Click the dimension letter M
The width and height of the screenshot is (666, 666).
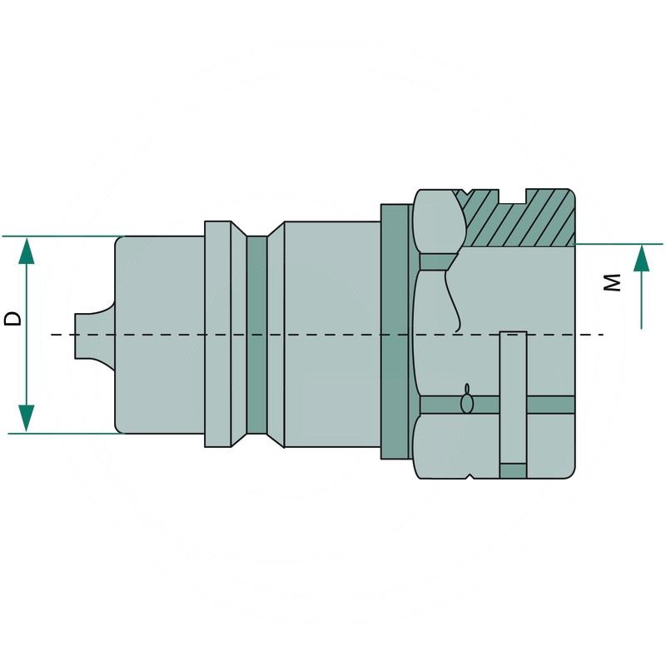pyautogui.click(x=613, y=283)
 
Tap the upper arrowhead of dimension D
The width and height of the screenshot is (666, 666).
pyautogui.click(x=27, y=251)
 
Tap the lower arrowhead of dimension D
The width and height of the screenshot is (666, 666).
pyautogui.click(x=27, y=419)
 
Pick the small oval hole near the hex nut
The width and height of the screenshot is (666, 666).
pyautogui.click(x=468, y=402)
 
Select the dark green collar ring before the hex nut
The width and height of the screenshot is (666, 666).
pyautogui.click(x=396, y=333)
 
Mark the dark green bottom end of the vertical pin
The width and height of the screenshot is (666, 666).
pyautogui.click(x=513, y=470)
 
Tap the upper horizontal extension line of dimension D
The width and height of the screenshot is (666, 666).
pyautogui.click(x=58, y=236)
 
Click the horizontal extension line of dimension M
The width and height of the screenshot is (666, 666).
pyautogui.click(x=620, y=244)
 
